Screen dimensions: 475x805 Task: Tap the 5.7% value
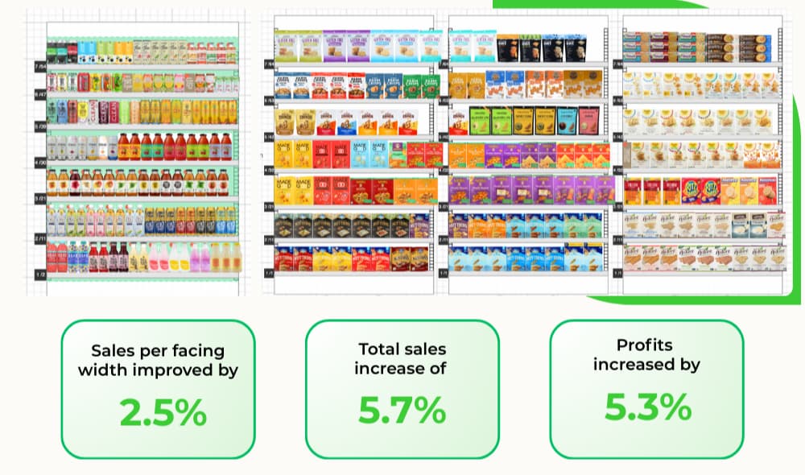click(x=402, y=411)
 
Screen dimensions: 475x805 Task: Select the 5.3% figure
click(x=647, y=407)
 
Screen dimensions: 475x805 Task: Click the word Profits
click(x=646, y=345)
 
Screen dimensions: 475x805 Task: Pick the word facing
click(x=194, y=351)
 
